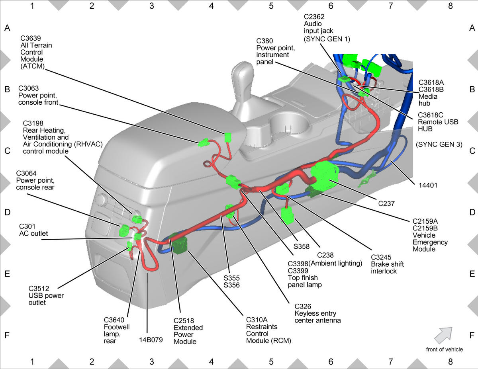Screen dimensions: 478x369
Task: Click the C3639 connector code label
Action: (31, 38)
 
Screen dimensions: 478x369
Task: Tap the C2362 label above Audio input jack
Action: (314, 17)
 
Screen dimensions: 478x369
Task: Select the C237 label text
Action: (386, 203)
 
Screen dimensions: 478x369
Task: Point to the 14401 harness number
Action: (428, 185)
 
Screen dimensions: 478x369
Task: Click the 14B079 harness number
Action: (151, 340)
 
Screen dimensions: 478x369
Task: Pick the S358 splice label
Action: (302, 246)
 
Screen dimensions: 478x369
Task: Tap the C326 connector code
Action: (303, 307)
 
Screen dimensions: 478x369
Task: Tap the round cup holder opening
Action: (289, 123)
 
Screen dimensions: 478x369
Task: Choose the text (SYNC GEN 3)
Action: (439, 144)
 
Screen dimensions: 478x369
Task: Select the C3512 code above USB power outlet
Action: (39, 288)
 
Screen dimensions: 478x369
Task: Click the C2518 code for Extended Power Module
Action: (184, 321)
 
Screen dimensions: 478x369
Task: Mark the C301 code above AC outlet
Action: (27, 226)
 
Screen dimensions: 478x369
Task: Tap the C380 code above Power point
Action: (264, 41)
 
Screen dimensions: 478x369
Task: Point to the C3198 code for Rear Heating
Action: (33, 123)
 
